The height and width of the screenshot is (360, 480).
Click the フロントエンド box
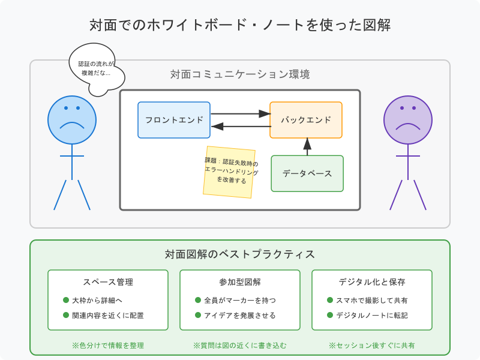[174, 120]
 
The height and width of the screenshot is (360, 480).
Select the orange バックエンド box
[306, 120]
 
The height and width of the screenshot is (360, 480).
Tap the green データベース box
[307, 173]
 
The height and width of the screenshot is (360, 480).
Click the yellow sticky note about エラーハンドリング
[229, 172]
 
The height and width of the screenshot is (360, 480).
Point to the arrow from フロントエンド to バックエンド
[240, 113]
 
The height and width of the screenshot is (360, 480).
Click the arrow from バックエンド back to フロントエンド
[240, 126]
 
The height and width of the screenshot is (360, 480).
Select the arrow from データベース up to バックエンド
[307, 146]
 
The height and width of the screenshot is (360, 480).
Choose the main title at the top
[240, 25]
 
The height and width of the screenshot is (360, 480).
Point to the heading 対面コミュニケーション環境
[240, 75]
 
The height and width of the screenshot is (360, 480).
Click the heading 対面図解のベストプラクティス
[240, 254]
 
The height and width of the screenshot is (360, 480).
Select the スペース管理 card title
[108, 282]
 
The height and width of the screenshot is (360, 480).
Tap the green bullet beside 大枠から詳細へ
[66, 300]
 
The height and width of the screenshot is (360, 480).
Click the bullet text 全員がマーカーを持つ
[240, 300]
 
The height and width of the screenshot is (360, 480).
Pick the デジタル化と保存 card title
[372, 282]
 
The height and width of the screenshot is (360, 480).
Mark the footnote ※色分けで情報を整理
[108, 346]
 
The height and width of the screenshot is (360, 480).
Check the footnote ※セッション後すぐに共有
[372, 346]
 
